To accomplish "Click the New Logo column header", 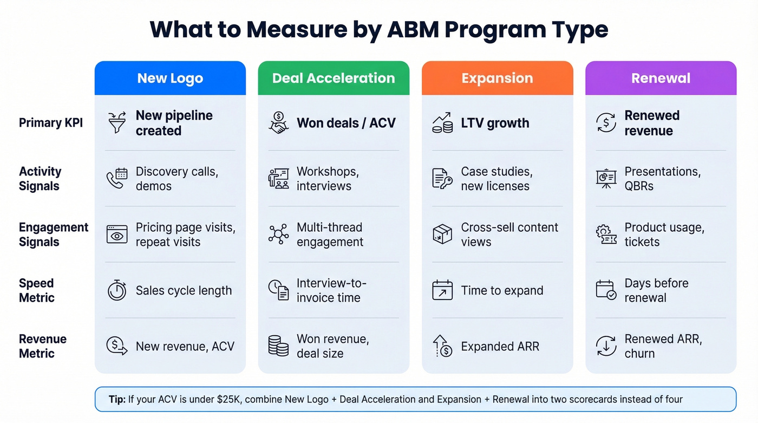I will (170, 79).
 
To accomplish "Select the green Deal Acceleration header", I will (334, 79).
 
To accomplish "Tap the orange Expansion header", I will (497, 79).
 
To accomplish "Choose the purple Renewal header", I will (661, 79).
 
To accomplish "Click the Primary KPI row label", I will (51, 123).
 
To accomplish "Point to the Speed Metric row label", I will (37, 290).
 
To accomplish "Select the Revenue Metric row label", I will (43, 346).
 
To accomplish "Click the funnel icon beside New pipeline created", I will (117, 122).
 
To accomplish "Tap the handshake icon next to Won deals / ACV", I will (279, 122).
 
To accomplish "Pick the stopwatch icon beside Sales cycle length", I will (117, 290).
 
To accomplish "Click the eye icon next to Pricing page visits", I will (117, 235).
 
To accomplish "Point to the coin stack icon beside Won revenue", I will (279, 346).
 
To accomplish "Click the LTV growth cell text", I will (495, 123).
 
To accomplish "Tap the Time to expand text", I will (502, 291).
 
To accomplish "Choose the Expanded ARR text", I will (500, 347).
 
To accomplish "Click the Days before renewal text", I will (656, 290).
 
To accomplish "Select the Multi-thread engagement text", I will (330, 235).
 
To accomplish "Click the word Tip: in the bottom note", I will (117, 400).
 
